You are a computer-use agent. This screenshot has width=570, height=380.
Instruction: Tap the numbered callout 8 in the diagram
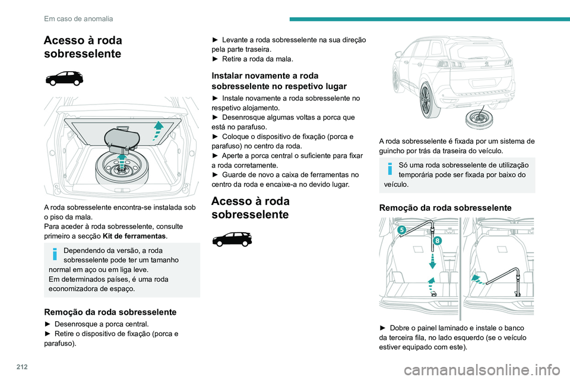coord(437,240)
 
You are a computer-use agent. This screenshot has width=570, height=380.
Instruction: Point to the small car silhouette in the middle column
coord(232,239)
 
